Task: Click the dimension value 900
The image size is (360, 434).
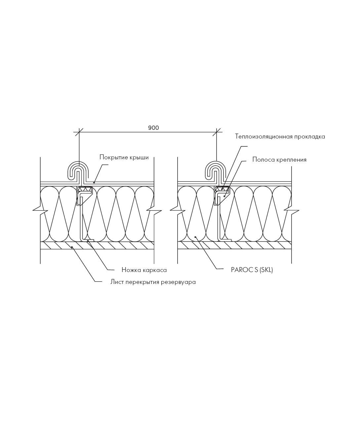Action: click(x=154, y=128)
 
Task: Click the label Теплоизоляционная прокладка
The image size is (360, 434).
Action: click(x=280, y=137)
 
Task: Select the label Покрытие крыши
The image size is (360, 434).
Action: click(x=124, y=157)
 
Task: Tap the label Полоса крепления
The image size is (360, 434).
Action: click(x=279, y=160)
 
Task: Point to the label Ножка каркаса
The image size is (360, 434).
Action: click(x=144, y=270)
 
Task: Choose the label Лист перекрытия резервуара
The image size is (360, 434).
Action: click(x=153, y=282)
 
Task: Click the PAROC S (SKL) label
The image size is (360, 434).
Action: click(x=252, y=270)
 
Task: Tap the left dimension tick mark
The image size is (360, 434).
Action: click(x=79, y=132)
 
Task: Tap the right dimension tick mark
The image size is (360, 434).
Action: click(x=217, y=132)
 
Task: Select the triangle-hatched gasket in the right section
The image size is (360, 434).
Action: click(x=222, y=189)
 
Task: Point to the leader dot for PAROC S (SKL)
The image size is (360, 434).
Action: click(x=195, y=237)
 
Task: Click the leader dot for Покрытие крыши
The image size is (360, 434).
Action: click(x=94, y=182)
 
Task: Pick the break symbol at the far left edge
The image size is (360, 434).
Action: click(x=40, y=210)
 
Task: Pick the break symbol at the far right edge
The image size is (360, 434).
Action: click(x=292, y=210)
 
